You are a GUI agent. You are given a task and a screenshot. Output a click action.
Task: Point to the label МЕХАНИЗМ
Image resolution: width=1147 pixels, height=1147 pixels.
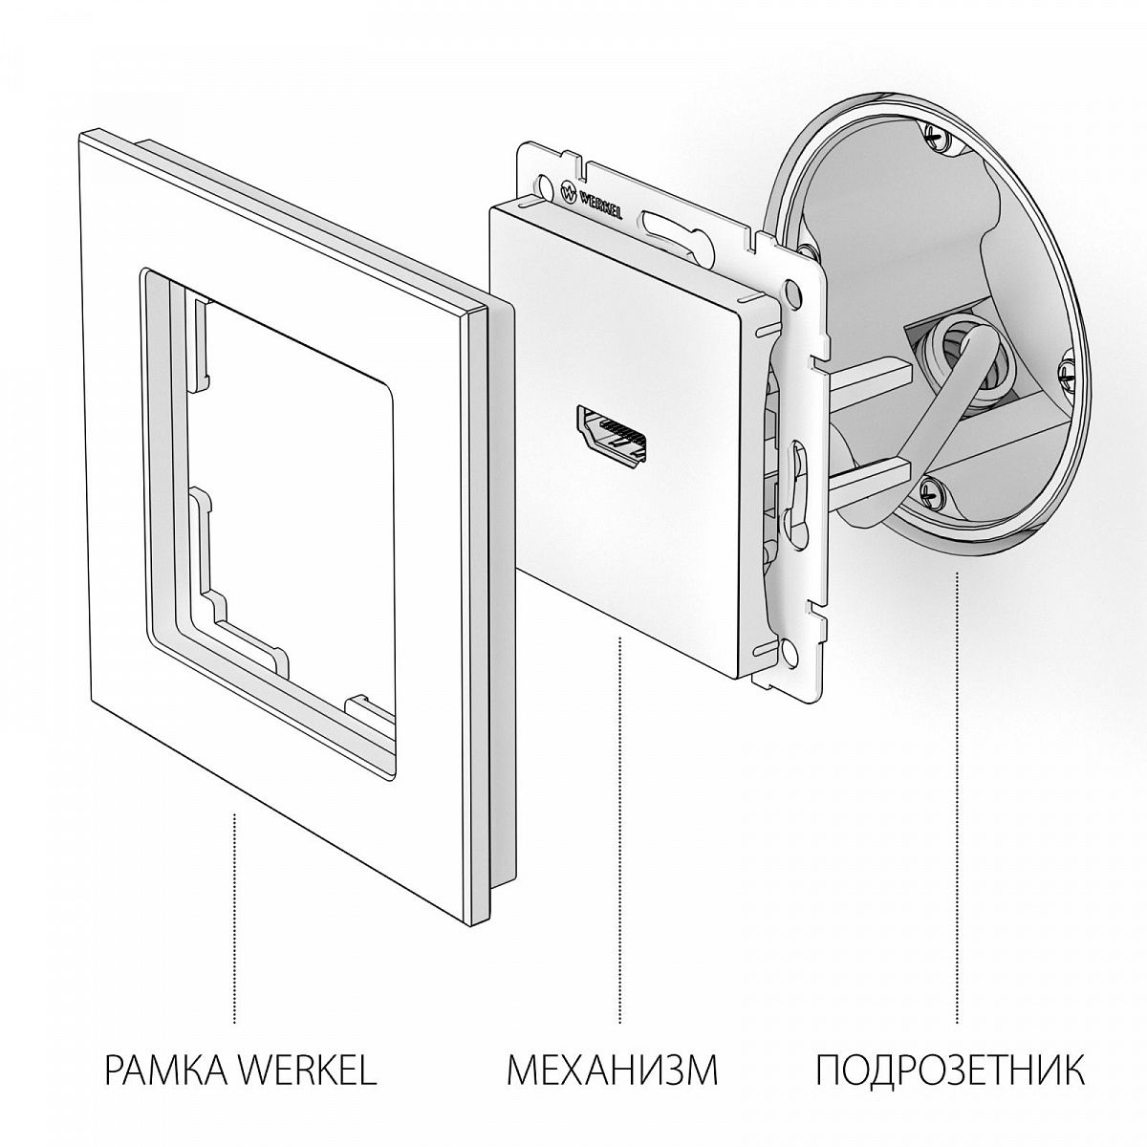[612, 1070]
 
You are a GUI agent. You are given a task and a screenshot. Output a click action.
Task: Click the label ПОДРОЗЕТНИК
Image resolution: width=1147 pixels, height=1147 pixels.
[950, 1070]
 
